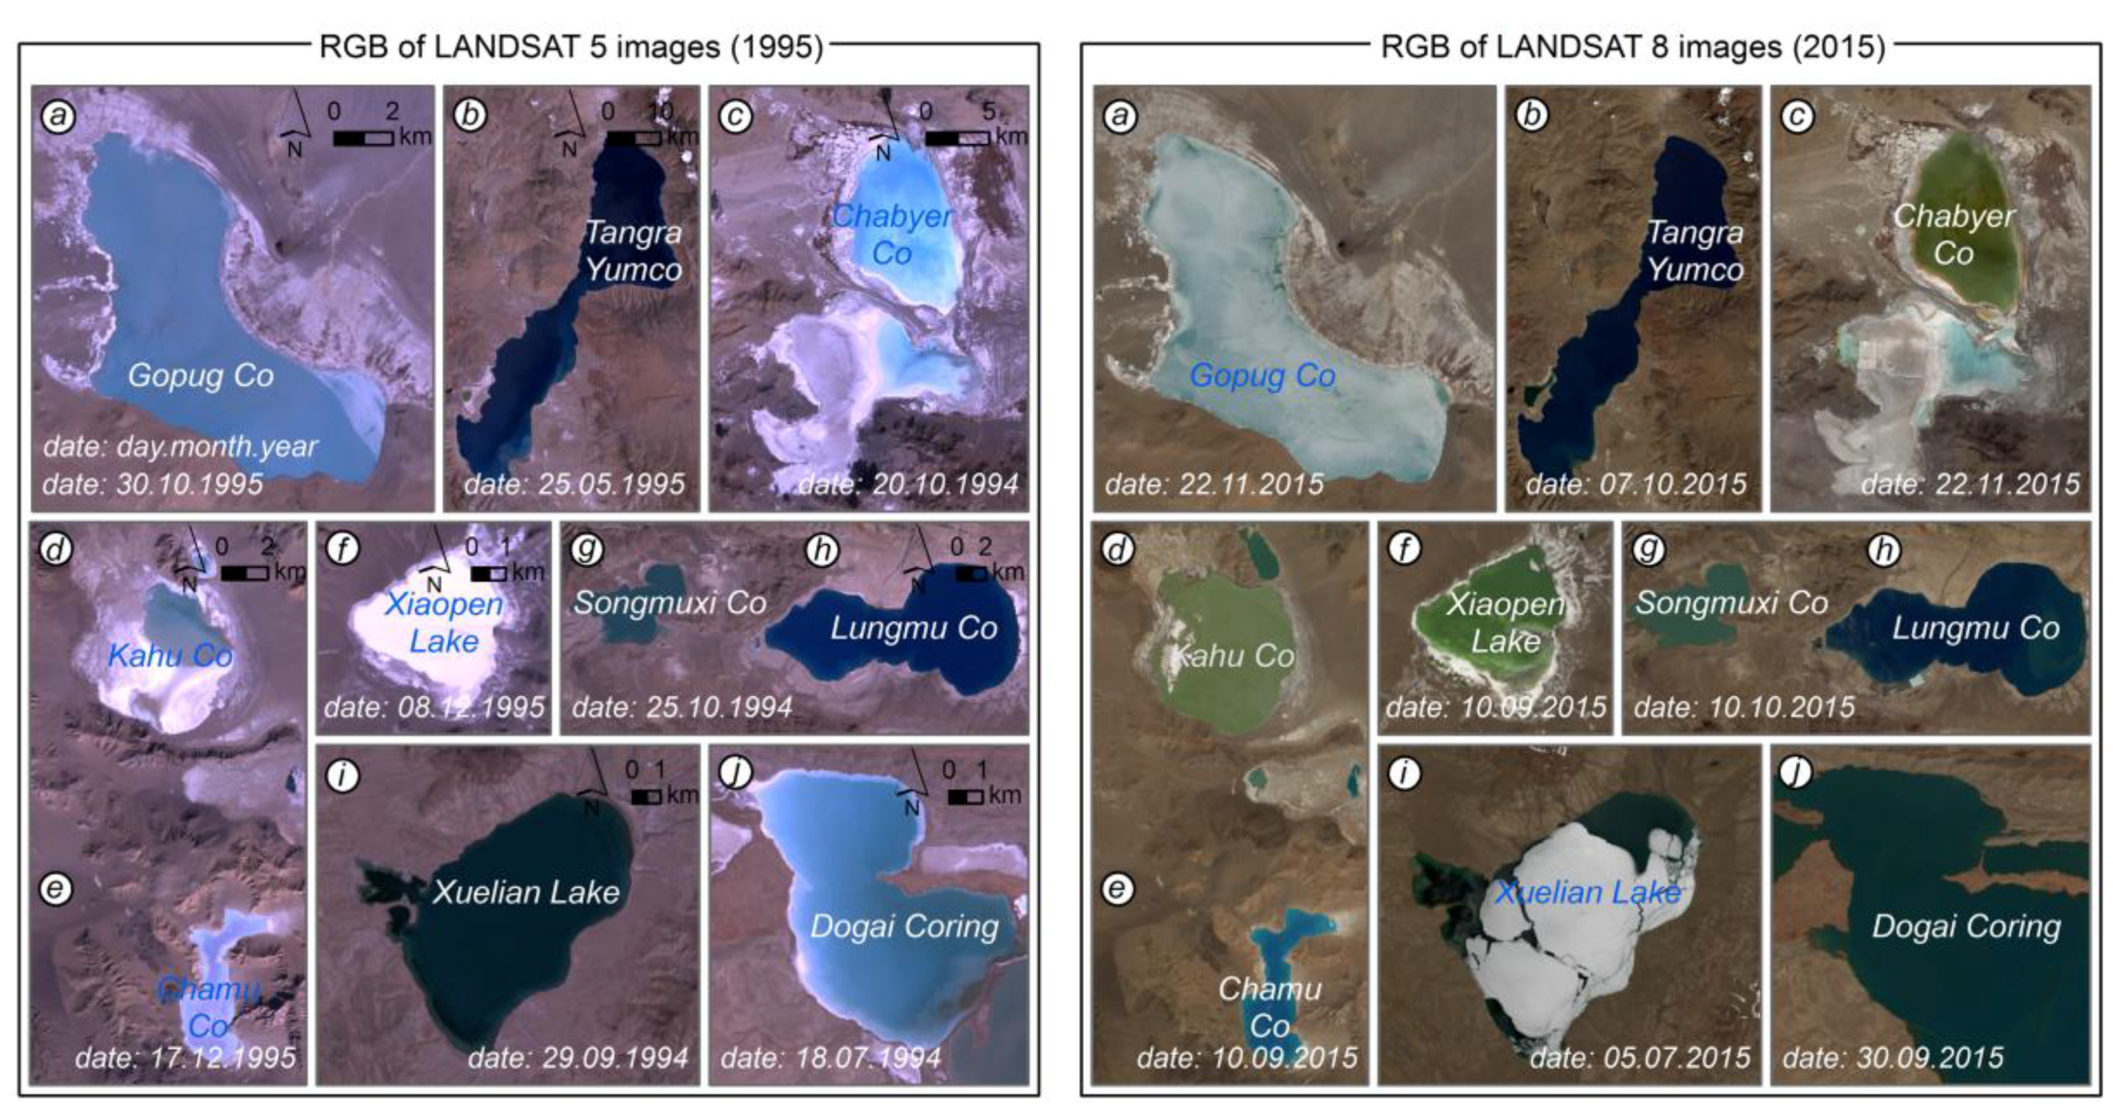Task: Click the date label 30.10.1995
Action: (x=153, y=483)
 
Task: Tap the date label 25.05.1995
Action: (x=574, y=483)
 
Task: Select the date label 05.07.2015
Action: (x=1640, y=1058)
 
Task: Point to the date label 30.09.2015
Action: (x=1893, y=1058)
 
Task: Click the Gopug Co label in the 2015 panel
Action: (x=1262, y=376)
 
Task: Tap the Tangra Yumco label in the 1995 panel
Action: (x=632, y=251)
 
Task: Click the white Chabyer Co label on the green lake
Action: (x=1953, y=235)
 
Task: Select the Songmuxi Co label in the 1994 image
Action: (x=669, y=603)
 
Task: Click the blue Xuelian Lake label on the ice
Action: (x=1587, y=892)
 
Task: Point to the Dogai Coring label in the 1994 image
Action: (x=904, y=927)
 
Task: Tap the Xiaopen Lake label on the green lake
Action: (x=1505, y=623)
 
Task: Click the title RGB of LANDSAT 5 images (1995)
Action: (x=571, y=47)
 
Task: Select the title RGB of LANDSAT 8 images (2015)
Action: (x=1632, y=47)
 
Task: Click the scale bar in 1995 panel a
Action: (x=363, y=138)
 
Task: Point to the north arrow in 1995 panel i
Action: (x=593, y=782)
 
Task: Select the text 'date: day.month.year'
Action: (x=180, y=446)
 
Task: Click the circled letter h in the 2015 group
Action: (x=1884, y=550)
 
